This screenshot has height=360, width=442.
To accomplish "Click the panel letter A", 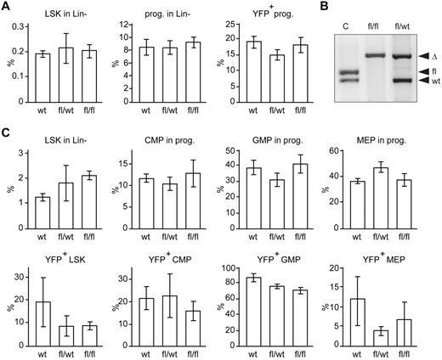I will (x=6, y=7).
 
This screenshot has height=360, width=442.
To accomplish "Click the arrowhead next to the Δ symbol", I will (x=422, y=55).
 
